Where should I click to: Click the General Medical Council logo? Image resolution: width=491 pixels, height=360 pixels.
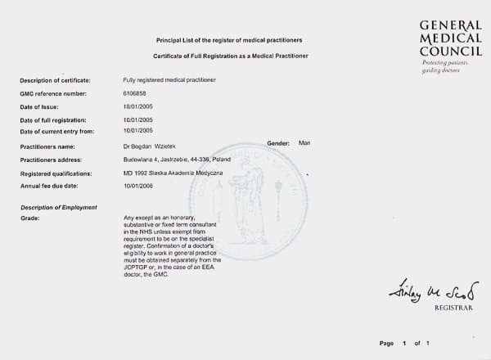click(450, 38)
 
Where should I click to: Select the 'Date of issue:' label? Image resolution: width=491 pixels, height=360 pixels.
click(39, 107)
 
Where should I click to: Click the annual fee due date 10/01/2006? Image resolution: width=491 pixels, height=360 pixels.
click(138, 186)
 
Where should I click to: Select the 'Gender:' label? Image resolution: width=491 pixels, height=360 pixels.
click(279, 143)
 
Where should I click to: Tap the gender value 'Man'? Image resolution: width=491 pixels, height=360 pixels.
click(304, 142)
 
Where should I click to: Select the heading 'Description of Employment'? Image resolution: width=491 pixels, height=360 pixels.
click(58, 207)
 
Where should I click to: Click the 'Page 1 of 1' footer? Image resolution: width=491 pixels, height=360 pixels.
click(405, 343)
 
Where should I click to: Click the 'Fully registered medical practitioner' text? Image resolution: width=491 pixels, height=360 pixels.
click(170, 80)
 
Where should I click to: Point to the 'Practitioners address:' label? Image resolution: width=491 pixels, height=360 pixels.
click(50, 160)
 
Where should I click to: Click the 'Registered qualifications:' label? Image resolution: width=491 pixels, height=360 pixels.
click(56, 173)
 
